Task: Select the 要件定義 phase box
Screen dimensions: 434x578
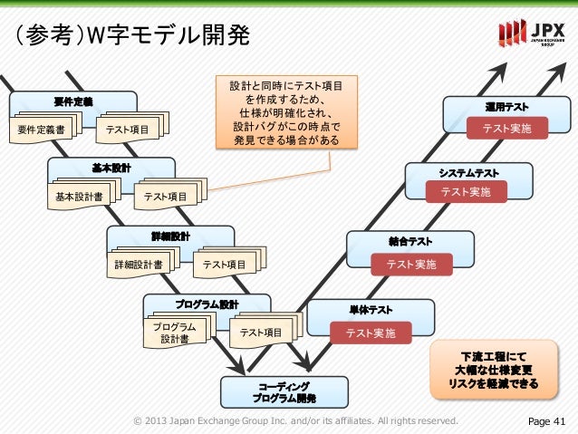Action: tap(73, 98)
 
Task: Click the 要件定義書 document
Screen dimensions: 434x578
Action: tap(41, 130)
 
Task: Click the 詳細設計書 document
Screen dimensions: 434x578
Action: tap(138, 265)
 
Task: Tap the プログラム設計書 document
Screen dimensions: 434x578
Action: tap(174, 333)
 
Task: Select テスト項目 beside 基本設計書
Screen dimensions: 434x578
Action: tap(166, 196)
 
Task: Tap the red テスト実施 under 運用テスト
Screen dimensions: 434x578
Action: tap(506, 130)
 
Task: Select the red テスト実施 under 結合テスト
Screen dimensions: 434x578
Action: tap(410, 264)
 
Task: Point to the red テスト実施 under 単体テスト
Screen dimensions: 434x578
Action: tap(371, 333)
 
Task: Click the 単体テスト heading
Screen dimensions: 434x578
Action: tap(371, 310)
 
